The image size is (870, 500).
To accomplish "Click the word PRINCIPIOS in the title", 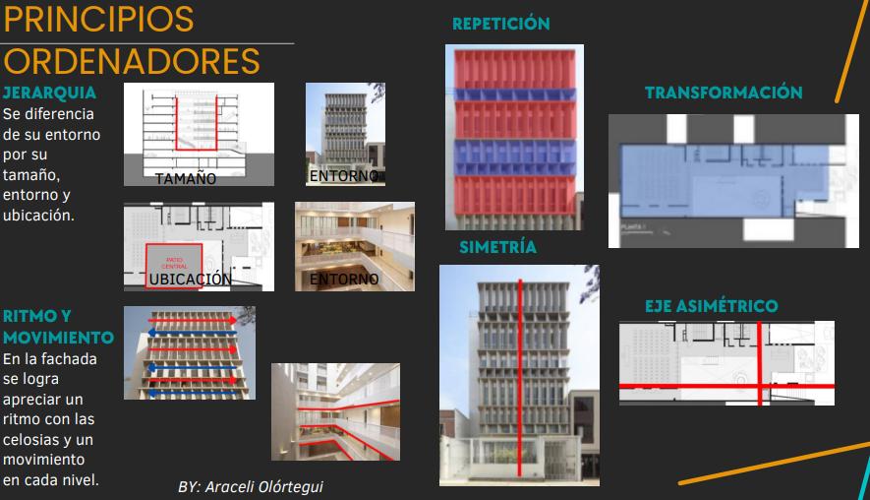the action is point(98,20).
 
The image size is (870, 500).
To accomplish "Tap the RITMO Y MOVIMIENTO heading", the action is point(58,327).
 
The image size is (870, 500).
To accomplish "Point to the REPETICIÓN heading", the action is point(500,24).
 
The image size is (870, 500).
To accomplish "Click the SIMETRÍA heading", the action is point(497,247).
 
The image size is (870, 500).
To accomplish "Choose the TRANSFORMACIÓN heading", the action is point(724,93).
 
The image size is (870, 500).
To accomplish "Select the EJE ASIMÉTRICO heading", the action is point(711,306).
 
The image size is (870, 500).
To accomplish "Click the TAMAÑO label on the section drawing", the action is point(185,179).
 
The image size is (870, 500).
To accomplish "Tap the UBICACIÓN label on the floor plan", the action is point(191,280).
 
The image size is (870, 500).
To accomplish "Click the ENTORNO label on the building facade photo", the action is point(343,177).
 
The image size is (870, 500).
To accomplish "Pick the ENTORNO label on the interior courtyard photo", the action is point(344,280).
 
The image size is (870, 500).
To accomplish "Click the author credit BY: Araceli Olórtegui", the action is point(251,486).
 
